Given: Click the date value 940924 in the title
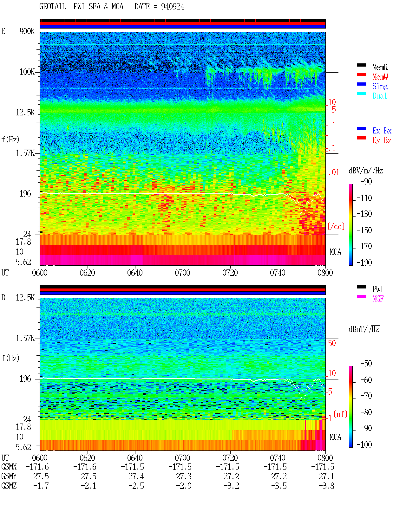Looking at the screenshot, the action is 172,7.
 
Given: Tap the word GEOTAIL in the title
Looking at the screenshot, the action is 53,7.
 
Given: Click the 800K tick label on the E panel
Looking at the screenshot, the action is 27,31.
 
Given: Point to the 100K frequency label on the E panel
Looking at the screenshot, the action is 27,72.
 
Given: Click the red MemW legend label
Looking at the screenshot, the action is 380,77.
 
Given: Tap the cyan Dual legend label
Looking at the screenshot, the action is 379,96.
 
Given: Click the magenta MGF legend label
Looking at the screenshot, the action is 378,299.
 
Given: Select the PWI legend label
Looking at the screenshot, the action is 377,289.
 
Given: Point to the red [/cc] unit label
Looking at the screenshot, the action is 336,226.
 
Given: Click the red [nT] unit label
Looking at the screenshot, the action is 340,414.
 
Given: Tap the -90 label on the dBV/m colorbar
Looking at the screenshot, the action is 366,182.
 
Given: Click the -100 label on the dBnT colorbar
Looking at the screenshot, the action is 364,444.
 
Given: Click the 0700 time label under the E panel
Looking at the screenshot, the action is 182,273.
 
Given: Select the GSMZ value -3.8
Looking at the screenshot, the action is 326,486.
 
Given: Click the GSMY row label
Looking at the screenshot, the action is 9,476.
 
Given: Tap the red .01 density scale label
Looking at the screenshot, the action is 334,173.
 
